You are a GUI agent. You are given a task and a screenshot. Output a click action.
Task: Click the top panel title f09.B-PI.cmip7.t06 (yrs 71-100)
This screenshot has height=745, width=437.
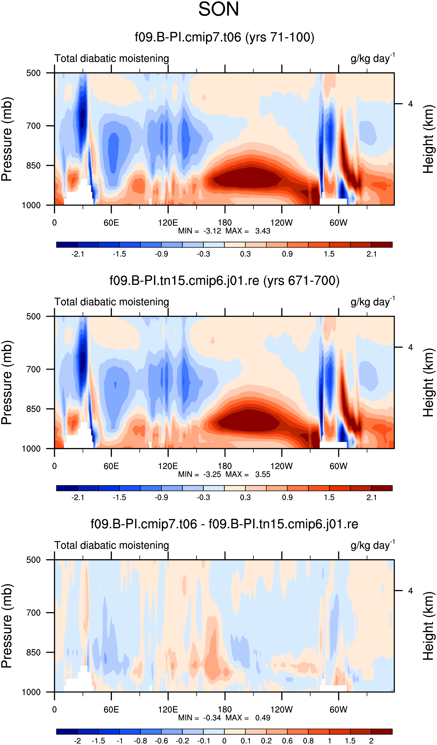click(x=224, y=38)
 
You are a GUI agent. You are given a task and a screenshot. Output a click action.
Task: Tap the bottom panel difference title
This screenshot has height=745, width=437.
click(x=224, y=524)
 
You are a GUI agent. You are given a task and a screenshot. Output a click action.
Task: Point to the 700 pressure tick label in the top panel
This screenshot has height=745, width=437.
click(x=33, y=126)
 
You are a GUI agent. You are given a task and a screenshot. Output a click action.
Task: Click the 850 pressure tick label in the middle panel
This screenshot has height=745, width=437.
click(x=33, y=409)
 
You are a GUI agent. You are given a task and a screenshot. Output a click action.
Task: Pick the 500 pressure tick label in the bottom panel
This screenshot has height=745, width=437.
click(x=33, y=560)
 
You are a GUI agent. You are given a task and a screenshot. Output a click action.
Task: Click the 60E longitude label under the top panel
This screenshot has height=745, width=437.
click(x=111, y=223)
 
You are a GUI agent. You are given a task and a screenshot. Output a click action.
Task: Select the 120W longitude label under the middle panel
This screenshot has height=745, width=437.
click(x=281, y=466)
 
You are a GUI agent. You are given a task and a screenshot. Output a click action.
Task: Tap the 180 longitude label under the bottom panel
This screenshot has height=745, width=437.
click(x=225, y=709)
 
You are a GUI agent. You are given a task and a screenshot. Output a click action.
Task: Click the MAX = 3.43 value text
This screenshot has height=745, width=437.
click(x=248, y=231)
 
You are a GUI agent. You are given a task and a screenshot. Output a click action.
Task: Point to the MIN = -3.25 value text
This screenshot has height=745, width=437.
click(x=200, y=475)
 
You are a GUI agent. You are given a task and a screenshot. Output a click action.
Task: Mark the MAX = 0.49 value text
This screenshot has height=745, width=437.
click(x=248, y=718)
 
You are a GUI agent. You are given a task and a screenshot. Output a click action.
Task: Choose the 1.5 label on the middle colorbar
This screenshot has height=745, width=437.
click(x=329, y=498)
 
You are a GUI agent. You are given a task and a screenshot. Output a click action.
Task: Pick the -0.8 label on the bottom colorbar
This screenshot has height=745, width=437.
click(x=140, y=741)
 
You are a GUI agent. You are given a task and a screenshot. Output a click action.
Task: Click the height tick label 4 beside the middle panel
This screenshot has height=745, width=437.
click(x=410, y=347)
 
